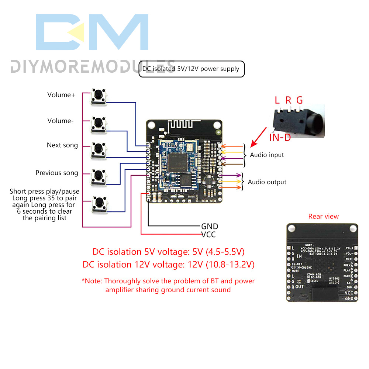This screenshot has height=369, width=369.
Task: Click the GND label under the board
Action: click(209, 226)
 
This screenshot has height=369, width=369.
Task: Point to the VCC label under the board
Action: click(208, 235)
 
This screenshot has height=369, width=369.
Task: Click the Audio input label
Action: click(267, 155)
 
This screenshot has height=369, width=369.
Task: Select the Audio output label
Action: click(267, 182)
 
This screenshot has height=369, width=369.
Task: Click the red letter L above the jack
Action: click(277, 100)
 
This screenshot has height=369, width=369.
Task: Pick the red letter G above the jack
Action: click(299, 100)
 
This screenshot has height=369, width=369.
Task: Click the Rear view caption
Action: click(323, 217)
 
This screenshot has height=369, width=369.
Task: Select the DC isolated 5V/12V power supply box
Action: click(191, 69)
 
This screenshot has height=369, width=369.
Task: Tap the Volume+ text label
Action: click(61, 95)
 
